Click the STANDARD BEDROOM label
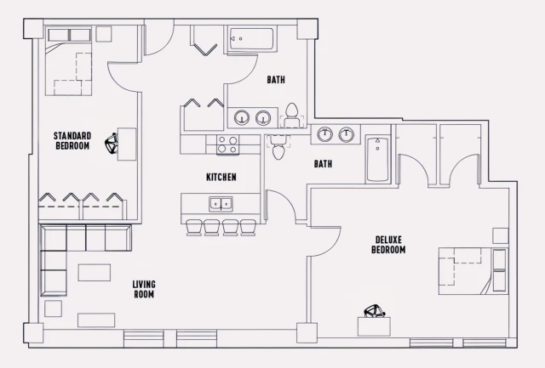72,140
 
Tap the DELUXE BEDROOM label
388,245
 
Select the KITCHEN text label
221,178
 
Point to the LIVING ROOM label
144,289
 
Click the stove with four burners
227,144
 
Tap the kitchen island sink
221,203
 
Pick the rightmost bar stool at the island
248,227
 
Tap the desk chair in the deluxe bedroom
371,312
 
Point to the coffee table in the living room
94,273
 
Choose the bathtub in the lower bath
377,160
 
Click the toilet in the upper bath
292,112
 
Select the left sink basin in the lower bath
324,133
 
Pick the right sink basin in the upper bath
263,117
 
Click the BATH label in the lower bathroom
323,164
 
